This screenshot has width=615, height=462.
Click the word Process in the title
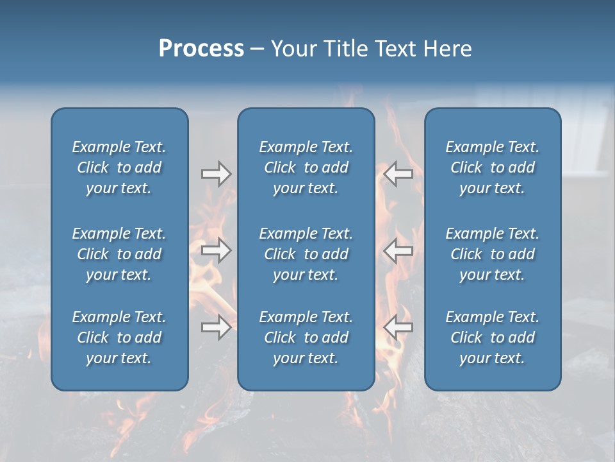201,49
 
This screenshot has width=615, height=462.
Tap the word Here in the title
447,49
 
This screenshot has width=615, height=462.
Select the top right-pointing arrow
216,173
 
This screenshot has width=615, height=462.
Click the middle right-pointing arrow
216,250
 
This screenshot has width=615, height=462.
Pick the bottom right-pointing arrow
216,327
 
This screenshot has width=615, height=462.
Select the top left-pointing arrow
398,173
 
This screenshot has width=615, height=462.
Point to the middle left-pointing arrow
398,250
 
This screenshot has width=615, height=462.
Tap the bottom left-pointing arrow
398,327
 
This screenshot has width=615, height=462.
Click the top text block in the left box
119,167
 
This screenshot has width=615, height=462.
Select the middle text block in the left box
119,254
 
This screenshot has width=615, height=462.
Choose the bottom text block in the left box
119,338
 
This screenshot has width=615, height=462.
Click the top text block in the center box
306,167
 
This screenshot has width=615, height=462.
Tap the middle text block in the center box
306,254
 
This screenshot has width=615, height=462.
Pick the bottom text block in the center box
306,338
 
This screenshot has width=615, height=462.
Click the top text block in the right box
492,167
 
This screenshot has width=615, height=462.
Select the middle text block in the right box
492,254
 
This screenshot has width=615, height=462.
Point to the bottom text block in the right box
492,338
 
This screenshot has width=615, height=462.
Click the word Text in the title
396,49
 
